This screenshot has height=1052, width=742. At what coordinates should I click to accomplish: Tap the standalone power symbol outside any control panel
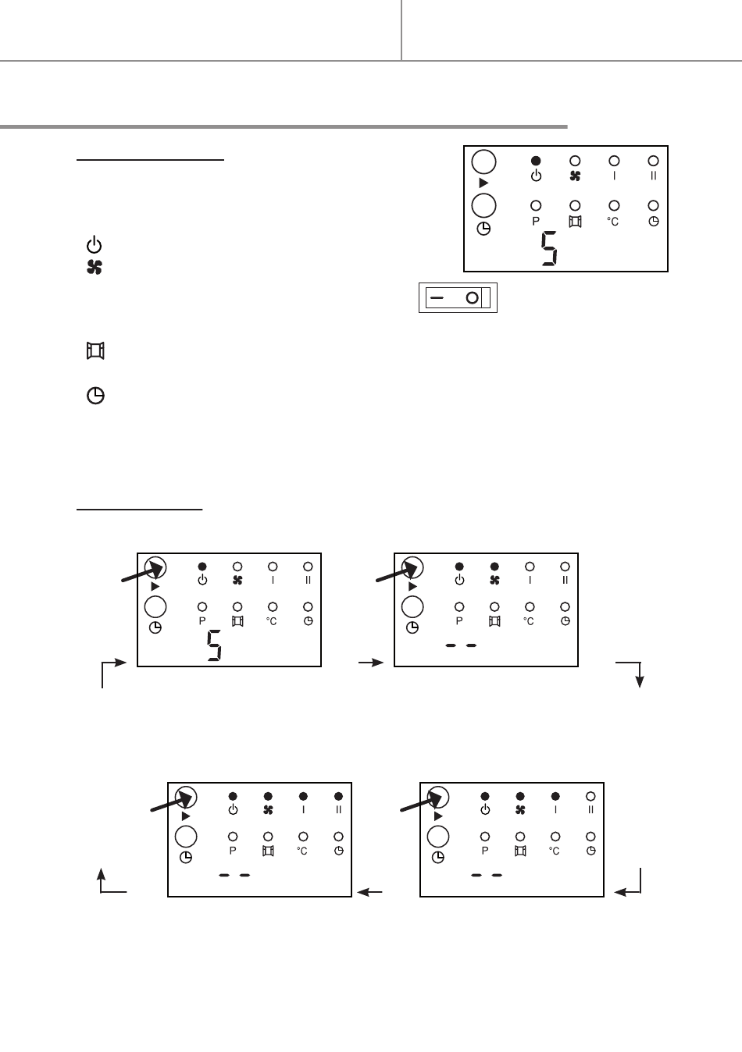pyautogui.click(x=94, y=244)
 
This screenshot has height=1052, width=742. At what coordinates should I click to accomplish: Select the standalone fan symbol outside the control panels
pyautogui.click(x=94, y=268)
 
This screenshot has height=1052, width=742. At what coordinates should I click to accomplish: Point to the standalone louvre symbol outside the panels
pyautogui.click(x=95, y=351)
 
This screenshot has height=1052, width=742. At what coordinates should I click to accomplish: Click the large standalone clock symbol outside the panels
pyautogui.click(x=95, y=396)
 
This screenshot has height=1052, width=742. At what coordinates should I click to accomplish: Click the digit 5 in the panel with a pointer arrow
pyautogui.click(x=214, y=647)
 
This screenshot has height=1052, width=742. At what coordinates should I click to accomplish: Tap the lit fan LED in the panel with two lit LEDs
pyautogui.click(x=494, y=567)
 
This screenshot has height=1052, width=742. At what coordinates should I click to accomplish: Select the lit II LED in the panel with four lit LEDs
pyautogui.click(x=338, y=796)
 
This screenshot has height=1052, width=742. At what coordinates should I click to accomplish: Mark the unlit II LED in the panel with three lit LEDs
pyautogui.click(x=590, y=796)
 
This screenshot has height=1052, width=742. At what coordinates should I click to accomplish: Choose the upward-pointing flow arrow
pyautogui.click(x=101, y=876)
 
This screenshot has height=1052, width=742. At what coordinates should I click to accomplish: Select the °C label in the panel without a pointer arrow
pyautogui.click(x=614, y=222)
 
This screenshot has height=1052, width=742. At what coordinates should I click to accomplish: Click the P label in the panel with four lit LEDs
pyautogui.click(x=233, y=851)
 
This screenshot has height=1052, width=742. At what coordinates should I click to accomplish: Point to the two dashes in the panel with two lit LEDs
pyautogui.click(x=460, y=645)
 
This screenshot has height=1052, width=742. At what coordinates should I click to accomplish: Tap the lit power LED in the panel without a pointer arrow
pyautogui.click(x=536, y=160)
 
